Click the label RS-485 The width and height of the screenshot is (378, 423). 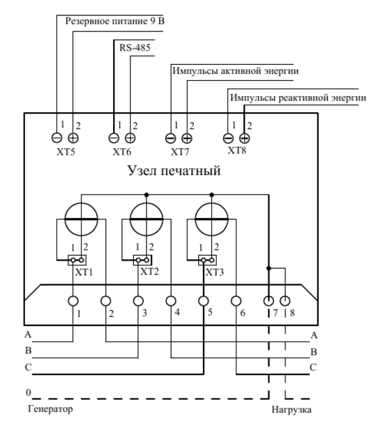point(135,48)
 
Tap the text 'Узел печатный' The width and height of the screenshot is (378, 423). point(174,171)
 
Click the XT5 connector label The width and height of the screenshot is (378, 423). point(66,152)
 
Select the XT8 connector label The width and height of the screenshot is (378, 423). point(237,151)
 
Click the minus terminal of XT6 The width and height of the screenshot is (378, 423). point(114,138)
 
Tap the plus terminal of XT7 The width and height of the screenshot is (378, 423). point(187,139)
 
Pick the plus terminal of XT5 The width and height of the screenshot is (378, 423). point(73,138)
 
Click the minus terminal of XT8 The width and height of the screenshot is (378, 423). point(228,139)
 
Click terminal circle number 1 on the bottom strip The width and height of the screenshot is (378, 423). point(73,301)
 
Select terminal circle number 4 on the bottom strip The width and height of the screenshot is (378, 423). point(171,301)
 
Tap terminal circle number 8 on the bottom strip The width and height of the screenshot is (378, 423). point(285,301)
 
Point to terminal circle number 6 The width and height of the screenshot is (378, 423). point(236,301)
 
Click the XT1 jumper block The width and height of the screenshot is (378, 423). point(77,261)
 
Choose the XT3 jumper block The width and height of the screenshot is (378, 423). point(208,261)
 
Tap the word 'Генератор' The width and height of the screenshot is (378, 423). point(50,409)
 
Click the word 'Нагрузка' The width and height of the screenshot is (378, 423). point(292,410)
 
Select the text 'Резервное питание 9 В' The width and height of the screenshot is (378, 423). point(115,21)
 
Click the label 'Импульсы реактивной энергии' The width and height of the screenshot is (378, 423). point(298,98)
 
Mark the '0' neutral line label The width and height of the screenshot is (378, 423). point(29,392)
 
